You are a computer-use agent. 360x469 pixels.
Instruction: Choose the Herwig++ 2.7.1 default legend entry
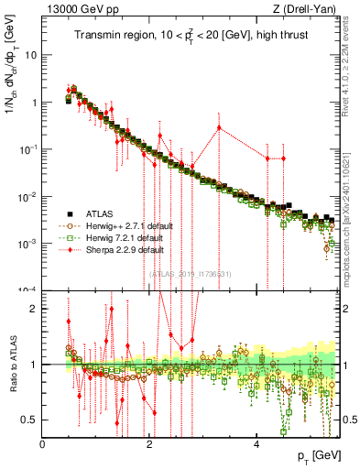(x=124, y=225)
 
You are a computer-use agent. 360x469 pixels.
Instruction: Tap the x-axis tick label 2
(x=149, y=444)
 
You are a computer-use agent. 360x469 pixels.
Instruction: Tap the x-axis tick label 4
(x=256, y=444)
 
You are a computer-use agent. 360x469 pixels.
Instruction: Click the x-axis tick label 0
(x=43, y=444)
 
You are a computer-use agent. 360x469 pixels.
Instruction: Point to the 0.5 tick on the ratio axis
(x=31, y=420)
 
